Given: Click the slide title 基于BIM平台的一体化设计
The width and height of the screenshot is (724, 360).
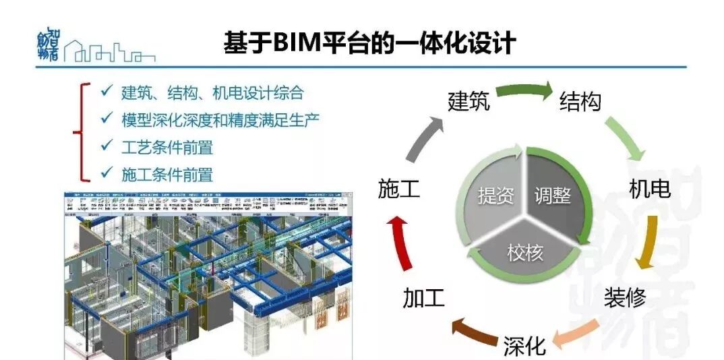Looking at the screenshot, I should coord(369,42).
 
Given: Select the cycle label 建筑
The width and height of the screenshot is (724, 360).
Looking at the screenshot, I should coord(469,102).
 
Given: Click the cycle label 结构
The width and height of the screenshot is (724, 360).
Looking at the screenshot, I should coord(580,102).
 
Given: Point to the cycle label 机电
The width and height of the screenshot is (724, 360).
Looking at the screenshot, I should coord(649,189).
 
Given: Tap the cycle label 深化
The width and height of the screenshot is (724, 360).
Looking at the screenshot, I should coord(524,346).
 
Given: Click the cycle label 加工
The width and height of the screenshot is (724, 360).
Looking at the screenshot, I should coord(423,297).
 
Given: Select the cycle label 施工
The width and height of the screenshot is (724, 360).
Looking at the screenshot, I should coord(399,189).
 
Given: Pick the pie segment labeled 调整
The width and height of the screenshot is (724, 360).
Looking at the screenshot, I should coord(553,196).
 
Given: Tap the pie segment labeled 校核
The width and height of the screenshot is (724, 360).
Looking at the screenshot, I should coord(524,253).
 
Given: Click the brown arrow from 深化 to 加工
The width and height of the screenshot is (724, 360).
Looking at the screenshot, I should coord(473,333).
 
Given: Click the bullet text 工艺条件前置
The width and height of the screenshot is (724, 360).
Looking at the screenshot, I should coord(167,147).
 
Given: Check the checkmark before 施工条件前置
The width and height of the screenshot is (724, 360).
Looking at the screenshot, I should coord(106,173).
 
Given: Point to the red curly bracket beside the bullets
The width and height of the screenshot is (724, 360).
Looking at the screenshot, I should coord(84,132).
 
